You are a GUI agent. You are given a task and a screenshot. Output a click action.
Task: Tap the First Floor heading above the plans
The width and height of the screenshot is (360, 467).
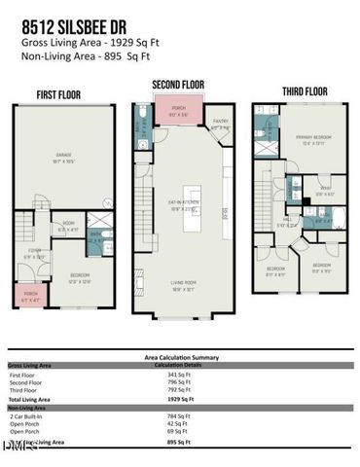click(58, 94)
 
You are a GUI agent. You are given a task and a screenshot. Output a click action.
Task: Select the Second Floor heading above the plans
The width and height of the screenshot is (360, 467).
click(178, 86)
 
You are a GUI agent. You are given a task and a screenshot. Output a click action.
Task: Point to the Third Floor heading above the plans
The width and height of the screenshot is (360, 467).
click(305, 91)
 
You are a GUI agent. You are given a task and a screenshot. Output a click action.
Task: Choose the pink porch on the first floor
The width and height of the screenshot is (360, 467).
click(31, 296)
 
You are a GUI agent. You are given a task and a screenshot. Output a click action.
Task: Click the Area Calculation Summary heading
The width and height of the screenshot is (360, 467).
click(180, 357)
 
